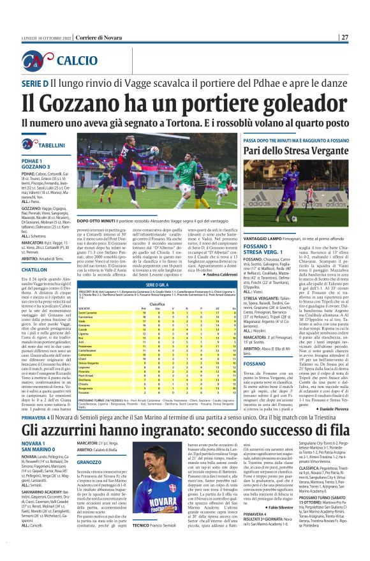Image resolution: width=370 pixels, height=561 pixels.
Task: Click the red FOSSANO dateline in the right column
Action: tap(260, 363)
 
